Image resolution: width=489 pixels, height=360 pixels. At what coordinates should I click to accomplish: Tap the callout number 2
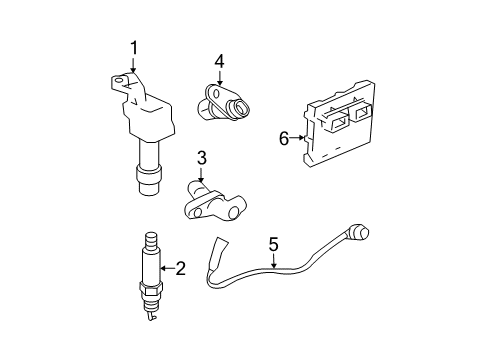click(x=181, y=267)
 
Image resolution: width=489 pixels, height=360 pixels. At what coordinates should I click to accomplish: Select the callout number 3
click(x=201, y=157)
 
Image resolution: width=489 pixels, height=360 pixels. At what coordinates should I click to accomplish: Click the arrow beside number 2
click(x=167, y=267)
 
